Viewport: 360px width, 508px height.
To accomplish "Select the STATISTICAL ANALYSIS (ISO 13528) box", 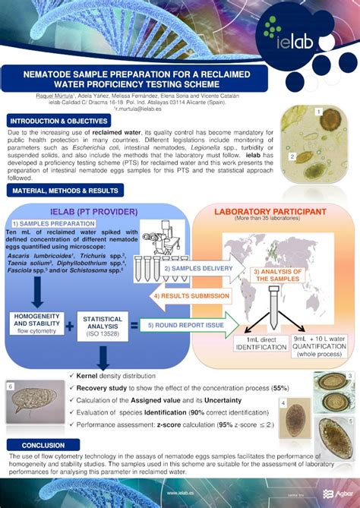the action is [103, 325].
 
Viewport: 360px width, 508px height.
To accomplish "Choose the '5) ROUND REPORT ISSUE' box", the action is [186, 324].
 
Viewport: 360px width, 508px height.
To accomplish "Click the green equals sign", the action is [134, 325].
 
